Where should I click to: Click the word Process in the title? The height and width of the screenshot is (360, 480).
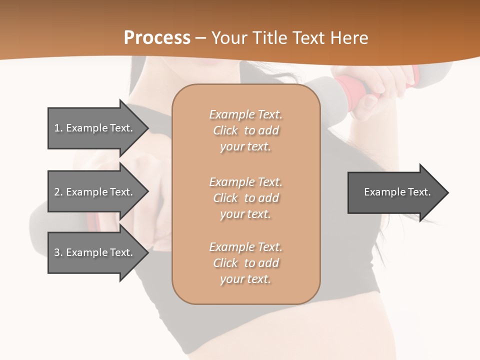click(x=157, y=38)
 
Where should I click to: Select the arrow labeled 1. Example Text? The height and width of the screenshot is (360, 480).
click(x=95, y=128)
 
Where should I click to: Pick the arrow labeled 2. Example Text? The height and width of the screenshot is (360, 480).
click(x=95, y=192)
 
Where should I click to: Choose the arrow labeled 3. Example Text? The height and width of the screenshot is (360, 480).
click(x=95, y=252)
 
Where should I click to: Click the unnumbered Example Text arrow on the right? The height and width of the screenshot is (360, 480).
click(x=395, y=192)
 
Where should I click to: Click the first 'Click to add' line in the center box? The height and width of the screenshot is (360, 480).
click(x=246, y=131)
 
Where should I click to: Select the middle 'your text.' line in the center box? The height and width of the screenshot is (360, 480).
click(x=245, y=214)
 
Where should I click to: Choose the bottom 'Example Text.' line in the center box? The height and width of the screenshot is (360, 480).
click(x=246, y=247)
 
